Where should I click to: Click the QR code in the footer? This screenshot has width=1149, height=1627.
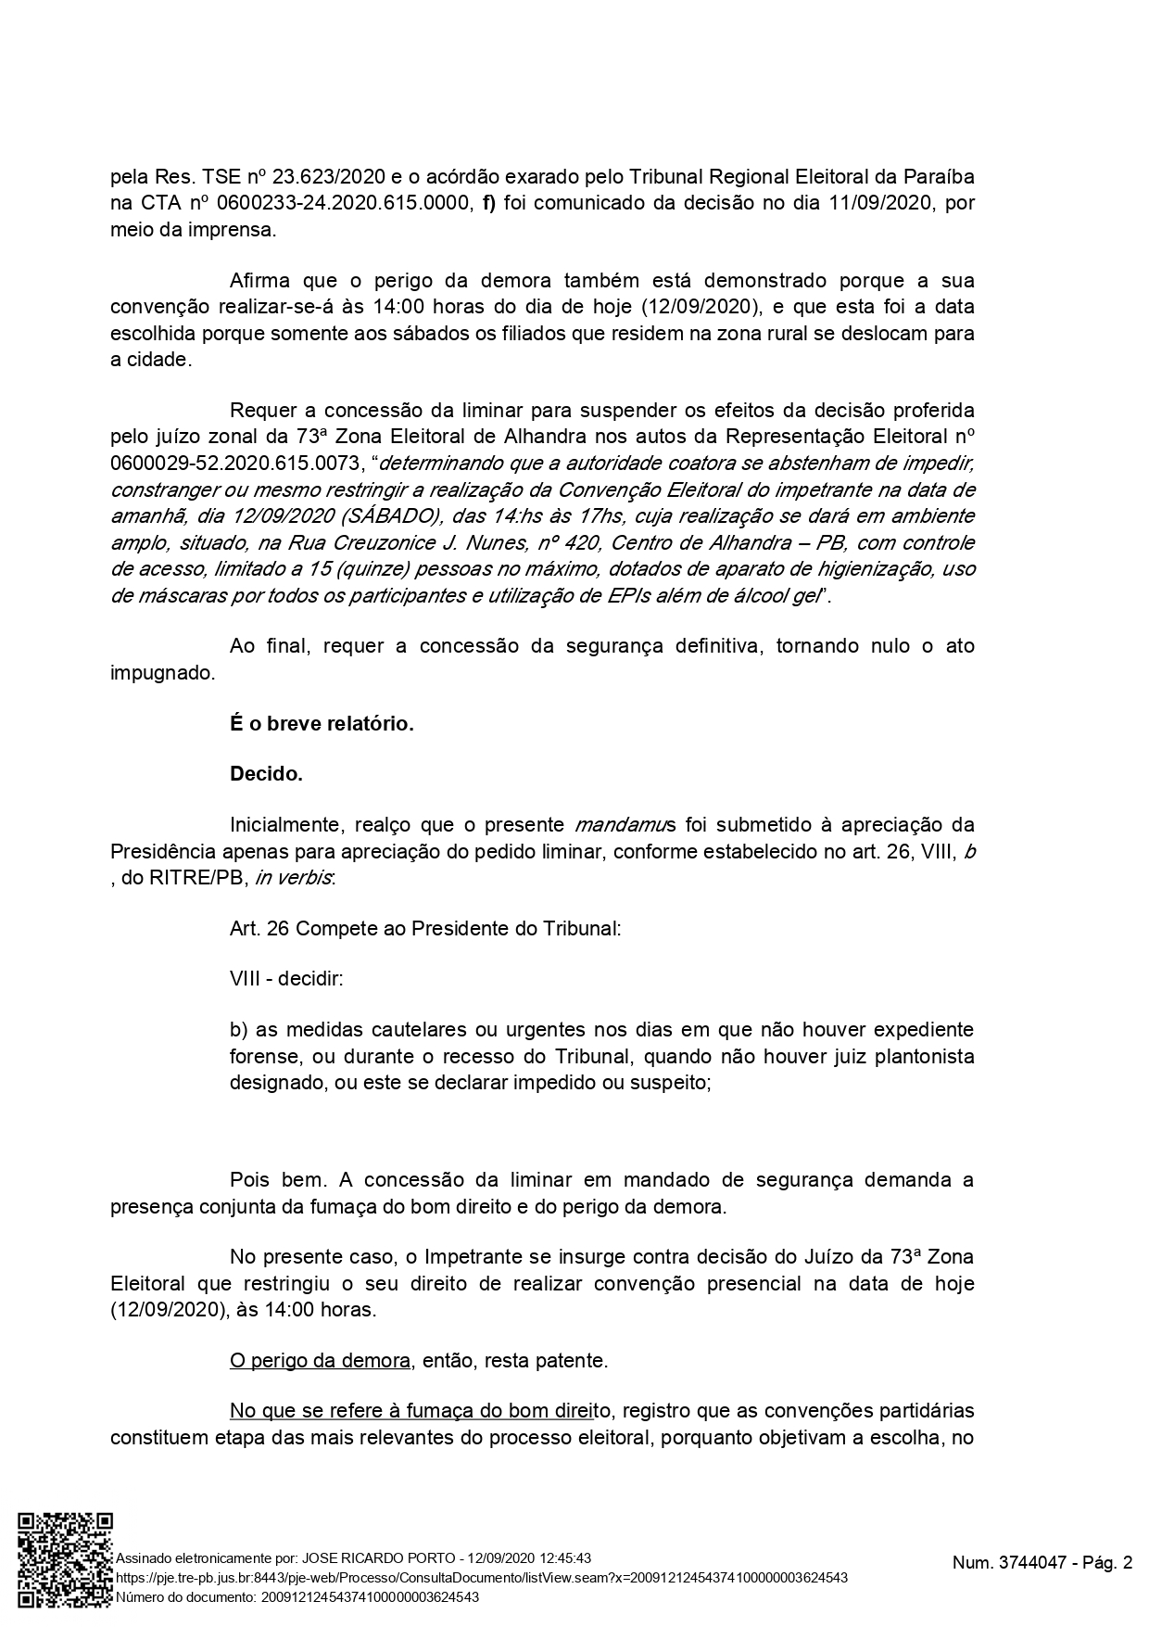pos(66,1559)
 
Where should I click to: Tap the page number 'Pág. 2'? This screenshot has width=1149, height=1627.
pos(1108,1563)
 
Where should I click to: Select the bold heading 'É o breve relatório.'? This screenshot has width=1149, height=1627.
pos(322,723)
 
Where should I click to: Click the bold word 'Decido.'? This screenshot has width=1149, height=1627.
pos(266,774)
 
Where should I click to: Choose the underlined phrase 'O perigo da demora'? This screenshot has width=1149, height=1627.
pos(320,1361)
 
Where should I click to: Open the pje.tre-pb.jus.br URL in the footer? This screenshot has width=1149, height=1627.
pos(481,1578)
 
